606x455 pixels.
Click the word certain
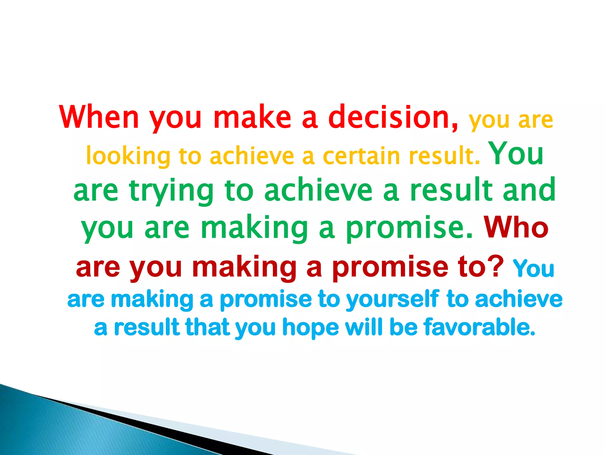point(361,156)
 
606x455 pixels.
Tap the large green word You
point(517,153)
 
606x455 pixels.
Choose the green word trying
point(171,191)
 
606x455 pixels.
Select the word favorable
point(479,327)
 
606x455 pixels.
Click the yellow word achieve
point(252,156)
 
